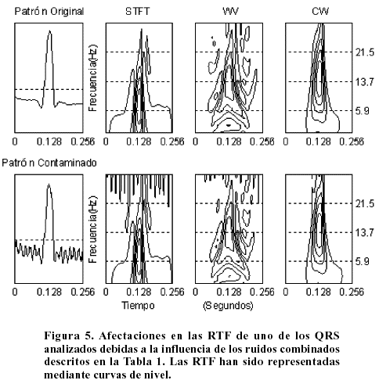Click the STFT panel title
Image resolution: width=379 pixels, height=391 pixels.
[x=137, y=12]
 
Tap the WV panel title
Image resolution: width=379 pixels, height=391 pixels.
[x=230, y=12]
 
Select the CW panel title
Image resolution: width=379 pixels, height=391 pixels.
[x=320, y=12]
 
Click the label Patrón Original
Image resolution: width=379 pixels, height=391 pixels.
[x=49, y=12]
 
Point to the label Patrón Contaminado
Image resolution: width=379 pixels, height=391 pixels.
[x=49, y=163]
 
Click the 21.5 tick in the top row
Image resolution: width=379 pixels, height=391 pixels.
[x=365, y=52]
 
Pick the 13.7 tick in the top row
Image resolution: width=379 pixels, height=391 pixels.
[x=365, y=82]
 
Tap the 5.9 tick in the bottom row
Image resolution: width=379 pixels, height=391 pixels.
[x=363, y=261]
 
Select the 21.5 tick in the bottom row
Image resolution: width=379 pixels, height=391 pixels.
[x=365, y=203]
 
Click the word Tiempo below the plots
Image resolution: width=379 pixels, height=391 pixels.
[x=138, y=305]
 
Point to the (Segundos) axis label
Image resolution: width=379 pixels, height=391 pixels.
[x=228, y=306]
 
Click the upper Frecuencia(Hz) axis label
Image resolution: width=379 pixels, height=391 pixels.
[x=92, y=78]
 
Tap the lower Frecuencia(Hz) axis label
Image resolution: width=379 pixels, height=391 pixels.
[x=92, y=230]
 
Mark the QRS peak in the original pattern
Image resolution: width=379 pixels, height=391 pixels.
[x=49, y=31]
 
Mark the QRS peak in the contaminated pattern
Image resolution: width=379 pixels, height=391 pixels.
[x=49, y=185]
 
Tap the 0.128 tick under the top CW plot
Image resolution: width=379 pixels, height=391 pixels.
[x=318, y=142]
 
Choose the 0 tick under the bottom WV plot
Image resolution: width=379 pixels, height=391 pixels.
[x=195, y=292]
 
